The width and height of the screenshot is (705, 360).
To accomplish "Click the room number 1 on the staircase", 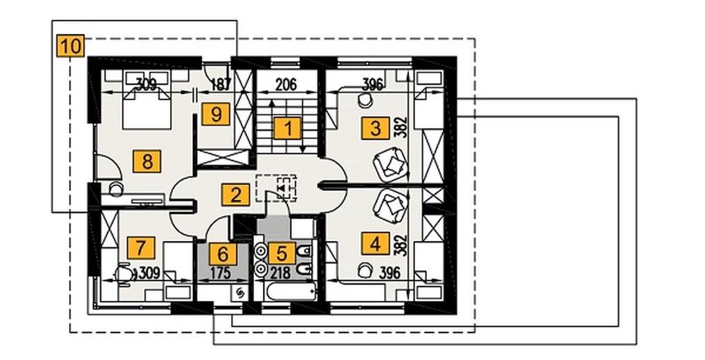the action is pos(288,129).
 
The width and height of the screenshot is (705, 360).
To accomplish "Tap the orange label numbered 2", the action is pos(235,195).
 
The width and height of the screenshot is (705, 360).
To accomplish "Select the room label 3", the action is pos(376,129).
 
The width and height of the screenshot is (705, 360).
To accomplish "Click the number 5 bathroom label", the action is pos(282,253).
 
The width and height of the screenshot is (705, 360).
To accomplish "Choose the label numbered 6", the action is pos(223,254).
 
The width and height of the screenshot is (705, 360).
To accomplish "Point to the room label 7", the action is pos(140,248).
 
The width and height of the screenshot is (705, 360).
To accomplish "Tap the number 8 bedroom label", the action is pos(147,161).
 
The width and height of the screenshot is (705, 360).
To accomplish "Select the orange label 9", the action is pos(216,114).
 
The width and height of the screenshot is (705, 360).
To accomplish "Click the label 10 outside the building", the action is pos(71,46).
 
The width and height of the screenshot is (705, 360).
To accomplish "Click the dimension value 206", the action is pos(286,84).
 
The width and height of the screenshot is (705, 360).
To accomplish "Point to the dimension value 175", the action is pos(220,273).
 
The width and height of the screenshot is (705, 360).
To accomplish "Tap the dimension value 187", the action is pos(220,84).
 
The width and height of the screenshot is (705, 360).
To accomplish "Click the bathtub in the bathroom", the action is pos(291,291).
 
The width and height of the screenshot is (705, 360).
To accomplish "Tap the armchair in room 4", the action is pos(390,206).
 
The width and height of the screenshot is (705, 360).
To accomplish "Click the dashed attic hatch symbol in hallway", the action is pos(277,188).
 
